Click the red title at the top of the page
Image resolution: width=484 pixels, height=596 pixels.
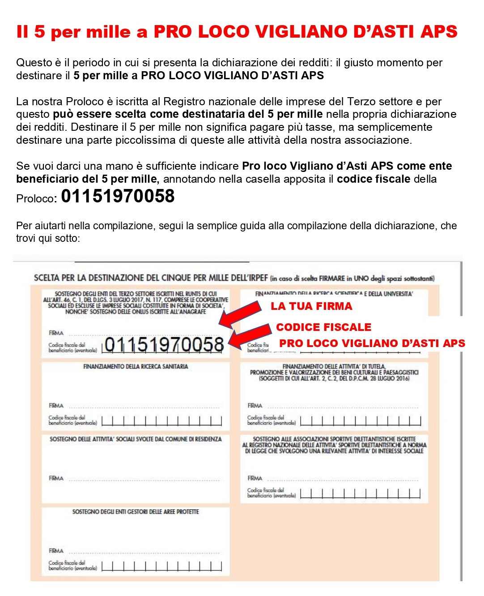coord(237,32)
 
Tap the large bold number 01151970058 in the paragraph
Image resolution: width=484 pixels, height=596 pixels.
coord(118,196)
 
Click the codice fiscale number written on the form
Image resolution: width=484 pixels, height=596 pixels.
coord(164,345)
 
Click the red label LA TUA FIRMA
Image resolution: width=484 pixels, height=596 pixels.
coord(311,306)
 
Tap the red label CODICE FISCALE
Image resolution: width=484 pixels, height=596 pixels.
coord(323,327)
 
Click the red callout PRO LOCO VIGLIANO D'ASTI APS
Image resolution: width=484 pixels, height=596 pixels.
coord(372,343)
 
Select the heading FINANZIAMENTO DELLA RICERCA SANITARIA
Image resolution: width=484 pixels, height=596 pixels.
coord(136,366)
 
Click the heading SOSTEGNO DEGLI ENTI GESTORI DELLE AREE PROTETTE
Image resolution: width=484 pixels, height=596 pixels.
coord(136,511)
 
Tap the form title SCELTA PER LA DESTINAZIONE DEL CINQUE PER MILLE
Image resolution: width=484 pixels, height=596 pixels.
coord(151,278)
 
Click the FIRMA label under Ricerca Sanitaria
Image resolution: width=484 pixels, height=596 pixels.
coord(56,405)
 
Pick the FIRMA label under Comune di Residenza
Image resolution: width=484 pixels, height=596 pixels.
coord(56,478)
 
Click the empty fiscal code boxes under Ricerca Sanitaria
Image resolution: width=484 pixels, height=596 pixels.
coord(161,420)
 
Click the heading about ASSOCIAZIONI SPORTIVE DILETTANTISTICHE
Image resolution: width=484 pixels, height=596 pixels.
coord(334,445)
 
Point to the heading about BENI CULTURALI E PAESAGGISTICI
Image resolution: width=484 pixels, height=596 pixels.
coord(334,372)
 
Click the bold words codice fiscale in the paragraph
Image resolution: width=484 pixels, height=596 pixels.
coord(373,179)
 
